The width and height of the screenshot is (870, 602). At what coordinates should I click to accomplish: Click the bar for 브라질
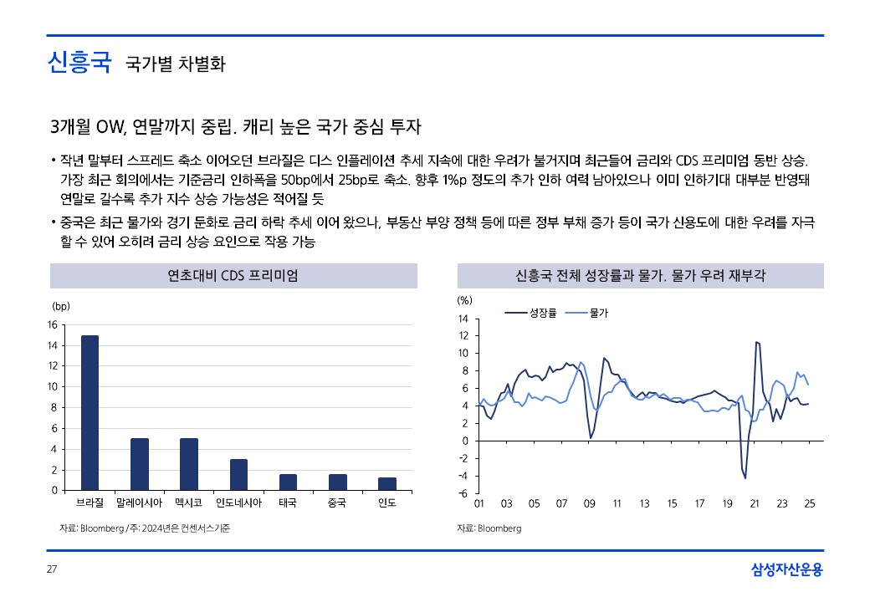pos(90,413)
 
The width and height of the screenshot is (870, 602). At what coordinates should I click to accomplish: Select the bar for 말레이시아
pos(139,464)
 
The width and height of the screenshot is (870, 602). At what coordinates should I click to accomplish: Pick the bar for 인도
pos(386,483)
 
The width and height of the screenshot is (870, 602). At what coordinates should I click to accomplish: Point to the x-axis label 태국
pos(288,503)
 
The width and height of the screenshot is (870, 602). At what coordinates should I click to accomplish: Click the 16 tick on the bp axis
pos(52,325)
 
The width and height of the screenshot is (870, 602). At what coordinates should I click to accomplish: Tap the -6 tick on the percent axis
pos(463,493)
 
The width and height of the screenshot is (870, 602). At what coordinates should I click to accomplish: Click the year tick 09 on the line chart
pos(589,504)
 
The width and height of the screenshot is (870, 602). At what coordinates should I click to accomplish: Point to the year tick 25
pos(809,504)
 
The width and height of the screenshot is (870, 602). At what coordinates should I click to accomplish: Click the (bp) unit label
pos(61,307)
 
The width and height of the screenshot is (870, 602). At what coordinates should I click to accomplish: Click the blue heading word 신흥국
pos(79,63)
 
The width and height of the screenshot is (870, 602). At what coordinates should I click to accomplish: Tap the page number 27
pos(51,570)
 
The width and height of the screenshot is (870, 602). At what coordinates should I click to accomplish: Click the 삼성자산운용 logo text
pos(786,570)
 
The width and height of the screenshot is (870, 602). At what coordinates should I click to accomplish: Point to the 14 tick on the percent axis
pos(463,319)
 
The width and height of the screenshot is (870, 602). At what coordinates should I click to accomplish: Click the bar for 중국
pos(337,482)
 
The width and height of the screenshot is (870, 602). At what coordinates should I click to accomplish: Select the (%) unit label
pos(465,299)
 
